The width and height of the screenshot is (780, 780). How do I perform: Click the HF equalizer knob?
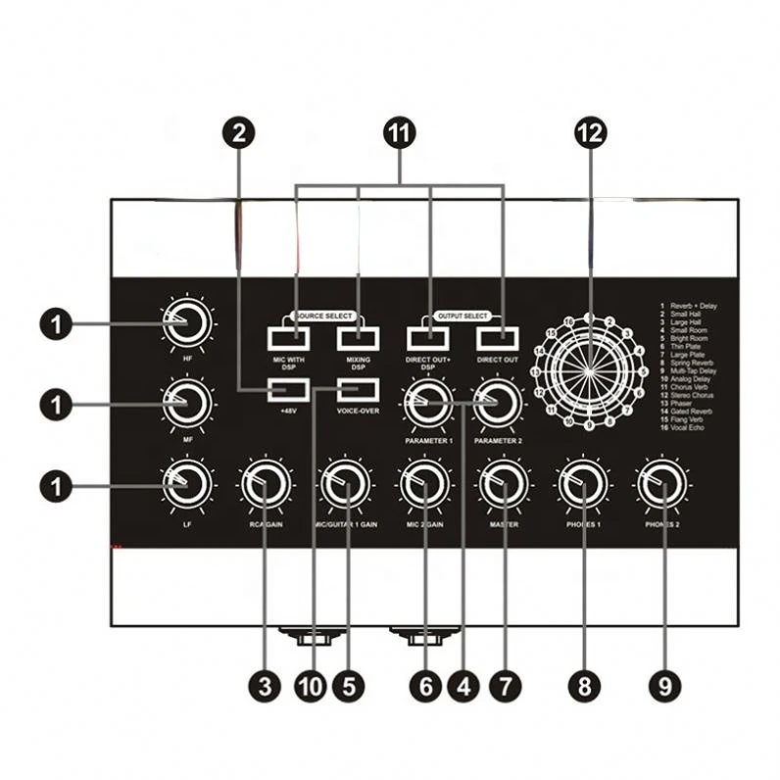pyautogui.click(x=187, y=323)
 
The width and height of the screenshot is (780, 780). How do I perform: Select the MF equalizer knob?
pyautogui.click(x=187, y=403)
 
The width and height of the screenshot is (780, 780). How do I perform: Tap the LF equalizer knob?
pyautogui.click(x=187, y=483)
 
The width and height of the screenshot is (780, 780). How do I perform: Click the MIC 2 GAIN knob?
pyautogui.click(x=425, y=483)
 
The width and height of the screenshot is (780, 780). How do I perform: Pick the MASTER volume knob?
pyautogui.click(x=504, y=483)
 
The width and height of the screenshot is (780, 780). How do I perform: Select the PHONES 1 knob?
pyautogui.click(x=583, y=483)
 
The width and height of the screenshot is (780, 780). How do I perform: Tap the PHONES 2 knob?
pyautogui.click(x=662, y=483)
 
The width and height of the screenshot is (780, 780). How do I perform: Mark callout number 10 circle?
pyautogui.click(x=310, y=686)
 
